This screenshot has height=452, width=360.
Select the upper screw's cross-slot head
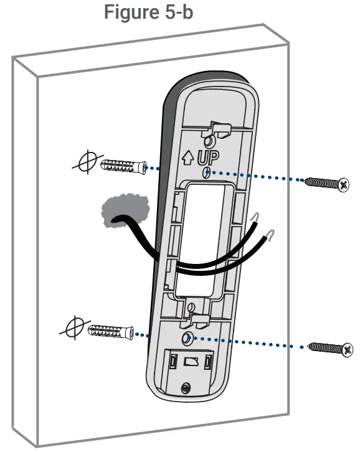(341, 184)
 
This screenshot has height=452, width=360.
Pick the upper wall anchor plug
(120, 166)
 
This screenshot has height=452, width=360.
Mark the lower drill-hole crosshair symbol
(73, 327)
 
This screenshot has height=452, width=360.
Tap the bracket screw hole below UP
(208, 172)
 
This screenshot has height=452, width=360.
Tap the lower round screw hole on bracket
(187, 337)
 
